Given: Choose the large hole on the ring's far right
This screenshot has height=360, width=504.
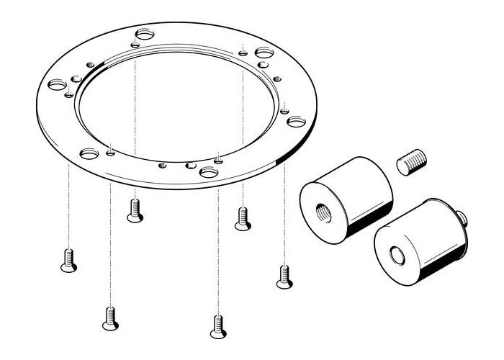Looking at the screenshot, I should click(x=297, y=122).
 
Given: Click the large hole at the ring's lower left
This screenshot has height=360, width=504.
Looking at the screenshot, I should click(x=89, y=153).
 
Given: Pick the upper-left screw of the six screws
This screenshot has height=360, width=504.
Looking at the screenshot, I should click(x=134, y=210).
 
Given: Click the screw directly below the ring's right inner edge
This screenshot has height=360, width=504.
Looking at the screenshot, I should click(x=243, y=218).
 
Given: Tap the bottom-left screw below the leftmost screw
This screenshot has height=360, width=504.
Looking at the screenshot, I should click(x=109, y=317).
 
